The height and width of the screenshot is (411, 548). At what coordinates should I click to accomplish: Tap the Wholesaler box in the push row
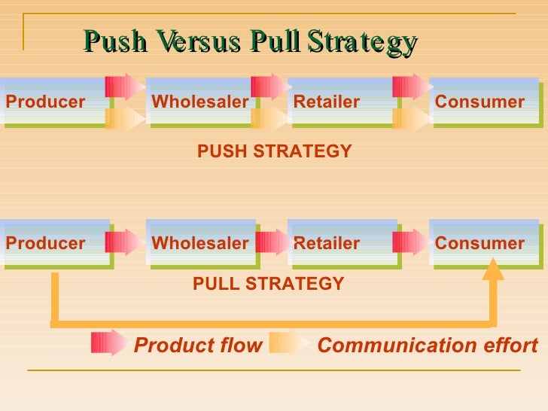pyautogui.click(x=200, y=102)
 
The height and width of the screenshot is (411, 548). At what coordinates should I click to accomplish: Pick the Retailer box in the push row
pyautogui.click(x=339, y=102)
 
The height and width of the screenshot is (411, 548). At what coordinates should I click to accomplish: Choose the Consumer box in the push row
pyautogui.click(x=482, y=102)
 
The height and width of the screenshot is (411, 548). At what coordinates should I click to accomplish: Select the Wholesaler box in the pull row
pyautogui.click(x=200, y=243)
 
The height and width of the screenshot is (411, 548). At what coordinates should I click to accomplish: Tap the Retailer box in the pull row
pyautogui.click(x=339, y=243)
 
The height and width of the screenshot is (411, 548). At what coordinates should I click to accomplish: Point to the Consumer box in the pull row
pyautogui.click(x=482, y=243)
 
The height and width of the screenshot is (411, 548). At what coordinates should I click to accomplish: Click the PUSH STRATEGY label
pyautogui.click(x=274, y=151)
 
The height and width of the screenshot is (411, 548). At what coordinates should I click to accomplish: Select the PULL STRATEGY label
pyautogui.click(x=269, y=284)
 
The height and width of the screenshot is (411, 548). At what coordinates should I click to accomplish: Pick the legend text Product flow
pyautogui.click(x=198, y=346)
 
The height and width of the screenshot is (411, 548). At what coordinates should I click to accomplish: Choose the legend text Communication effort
pyautogui.click(x=428, y=346)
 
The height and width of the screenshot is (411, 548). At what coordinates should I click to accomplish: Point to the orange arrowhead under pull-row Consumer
pyautogui.click(x=493, y=269)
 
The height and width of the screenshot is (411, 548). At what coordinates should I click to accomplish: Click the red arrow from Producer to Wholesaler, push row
pyautogui.click(x=124, y=87)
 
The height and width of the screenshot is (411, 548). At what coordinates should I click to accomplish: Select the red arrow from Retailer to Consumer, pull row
pyautogui.click(x=412, y=242)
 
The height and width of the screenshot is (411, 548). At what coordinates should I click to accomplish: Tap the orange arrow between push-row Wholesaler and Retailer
pyautogui.click(x=269, y=118)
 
